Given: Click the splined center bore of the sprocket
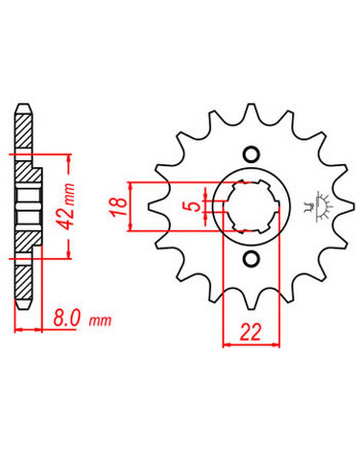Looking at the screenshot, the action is coord(251,207).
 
